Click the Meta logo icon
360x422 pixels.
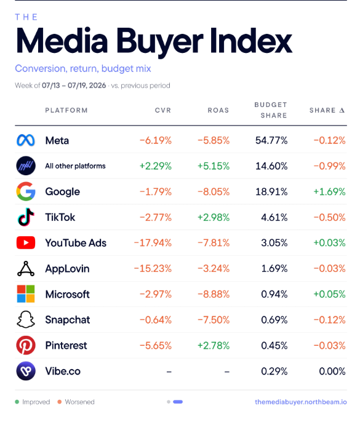(26, 140)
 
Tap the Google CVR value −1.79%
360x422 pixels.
(156, 192)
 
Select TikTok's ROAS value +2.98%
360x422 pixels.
(214, 217)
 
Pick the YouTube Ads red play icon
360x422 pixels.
(26, 243)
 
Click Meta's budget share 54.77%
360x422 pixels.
(271, 140)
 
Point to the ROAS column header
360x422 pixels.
(218, 110)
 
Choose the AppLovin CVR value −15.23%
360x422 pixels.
(153, 269)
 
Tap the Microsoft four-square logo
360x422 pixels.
(26, 294)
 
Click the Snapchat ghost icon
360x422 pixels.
(26, 319)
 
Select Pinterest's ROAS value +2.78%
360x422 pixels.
(214, 345)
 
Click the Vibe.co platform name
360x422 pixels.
(63, 371)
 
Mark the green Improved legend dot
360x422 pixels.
(17, 402)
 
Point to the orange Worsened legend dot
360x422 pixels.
(60, 402)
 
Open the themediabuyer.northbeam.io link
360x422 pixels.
(301, 402)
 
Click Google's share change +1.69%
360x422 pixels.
(329, 192)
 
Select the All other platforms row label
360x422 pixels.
(76, 166)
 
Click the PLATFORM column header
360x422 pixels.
(66, 110)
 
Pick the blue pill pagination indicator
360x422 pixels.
(178, 402)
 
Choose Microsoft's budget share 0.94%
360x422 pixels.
(274, 294)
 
